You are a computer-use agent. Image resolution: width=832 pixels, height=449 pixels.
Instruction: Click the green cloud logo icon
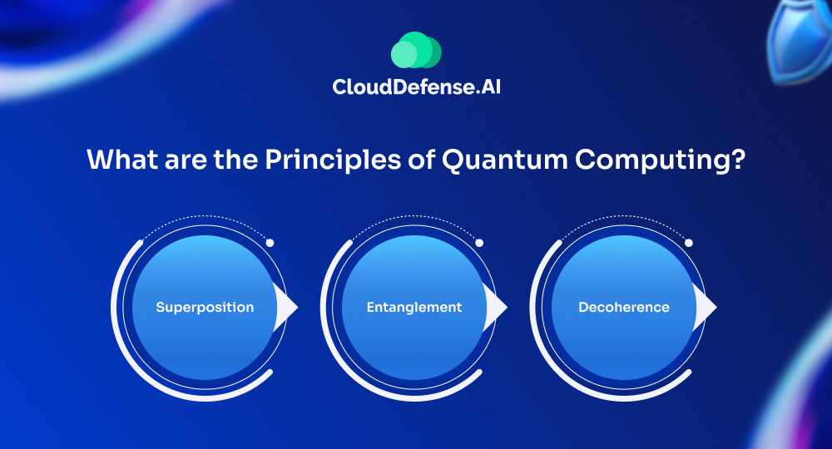coord(416,50)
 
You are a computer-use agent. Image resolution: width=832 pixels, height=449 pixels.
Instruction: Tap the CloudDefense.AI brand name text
coord(417,87)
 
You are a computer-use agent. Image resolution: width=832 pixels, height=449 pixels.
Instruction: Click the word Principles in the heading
coord(333,160)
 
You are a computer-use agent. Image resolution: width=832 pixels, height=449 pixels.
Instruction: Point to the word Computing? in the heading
coord(660,160)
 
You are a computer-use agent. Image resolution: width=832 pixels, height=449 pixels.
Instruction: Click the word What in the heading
coord(122,159)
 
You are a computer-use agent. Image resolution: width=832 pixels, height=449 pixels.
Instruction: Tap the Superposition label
coord(205,308)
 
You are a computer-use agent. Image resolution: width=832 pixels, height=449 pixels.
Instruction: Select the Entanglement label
coord(414,308)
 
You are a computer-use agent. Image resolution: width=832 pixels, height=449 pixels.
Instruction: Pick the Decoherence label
coord(624,307)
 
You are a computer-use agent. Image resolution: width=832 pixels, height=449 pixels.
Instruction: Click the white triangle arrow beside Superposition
coord(285,308)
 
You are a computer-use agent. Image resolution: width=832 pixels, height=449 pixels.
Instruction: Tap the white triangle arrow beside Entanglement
coord(495,308)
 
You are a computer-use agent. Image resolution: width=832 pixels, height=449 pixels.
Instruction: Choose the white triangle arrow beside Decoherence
coord(705,308)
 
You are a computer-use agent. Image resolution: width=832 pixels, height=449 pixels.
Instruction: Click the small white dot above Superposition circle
coord(270,243)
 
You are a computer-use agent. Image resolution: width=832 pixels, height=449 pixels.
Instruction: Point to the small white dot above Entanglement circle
coord(479,243)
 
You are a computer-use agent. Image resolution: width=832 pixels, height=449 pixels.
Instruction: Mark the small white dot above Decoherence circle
coord(689,243)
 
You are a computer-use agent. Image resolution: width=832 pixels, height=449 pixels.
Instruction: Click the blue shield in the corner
coord(801,40)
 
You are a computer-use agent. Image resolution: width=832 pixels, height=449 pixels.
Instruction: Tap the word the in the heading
coord(235,160)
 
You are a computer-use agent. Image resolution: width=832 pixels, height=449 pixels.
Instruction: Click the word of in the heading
coord(422,160)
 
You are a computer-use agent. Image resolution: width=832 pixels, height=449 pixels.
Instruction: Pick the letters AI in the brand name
coord(490,86)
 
